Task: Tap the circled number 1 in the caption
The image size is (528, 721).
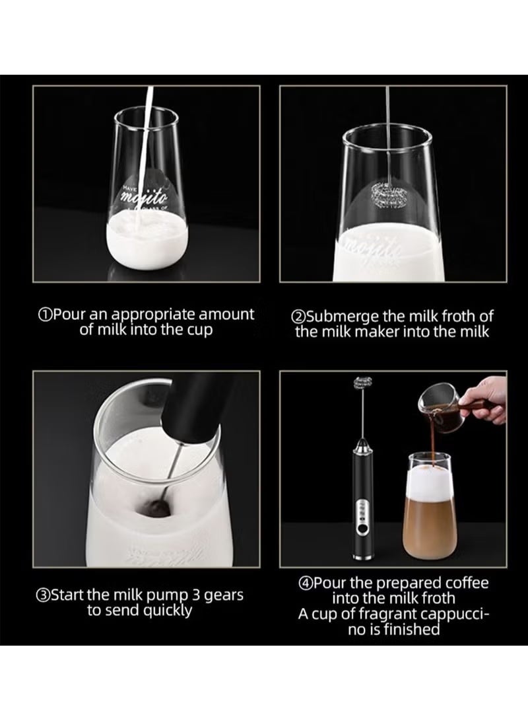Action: tap(46, 315)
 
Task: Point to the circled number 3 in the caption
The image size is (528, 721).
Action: tap(44, 595)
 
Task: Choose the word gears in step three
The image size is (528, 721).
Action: tap(220, 595)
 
